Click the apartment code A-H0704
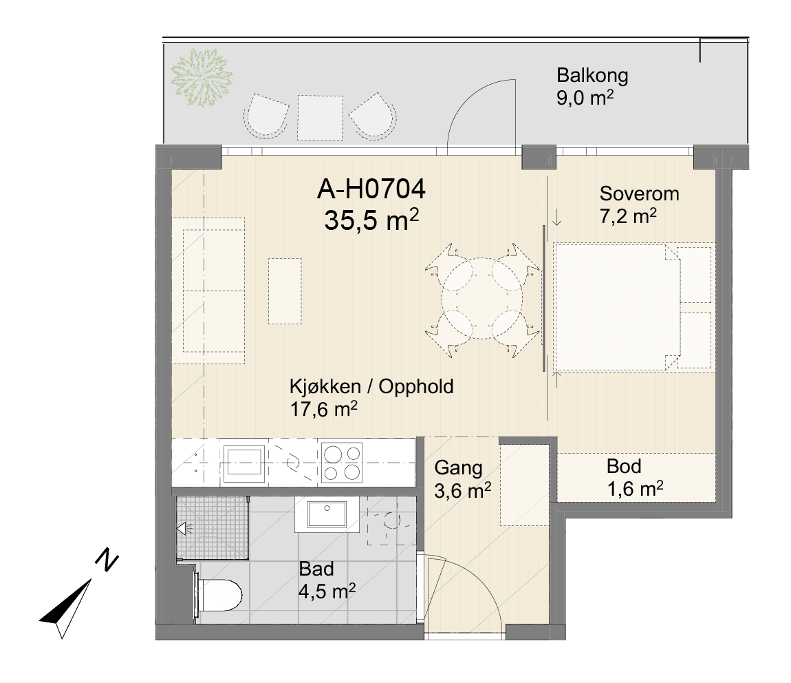(371, 189)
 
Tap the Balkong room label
(592, 75)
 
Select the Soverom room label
(639, 194)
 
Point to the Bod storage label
(624, 466)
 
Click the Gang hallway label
(458, 468)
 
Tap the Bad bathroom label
(316, 569)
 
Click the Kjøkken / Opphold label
(372, 387)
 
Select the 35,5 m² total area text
(371, 220)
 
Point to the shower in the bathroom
(213, 528)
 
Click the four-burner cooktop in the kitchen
(342, 463)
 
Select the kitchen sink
(244, 462)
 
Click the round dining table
(482, 299)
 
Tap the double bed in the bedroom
(634, 308)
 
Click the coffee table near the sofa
(285, 291)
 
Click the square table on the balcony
(320, 118)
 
